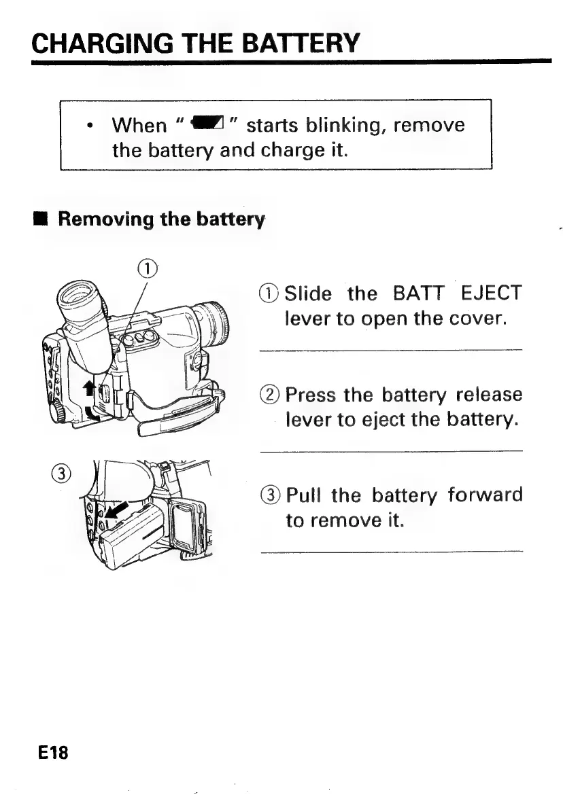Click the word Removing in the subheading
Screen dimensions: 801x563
coord(105,220)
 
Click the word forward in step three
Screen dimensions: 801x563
coord(485,495)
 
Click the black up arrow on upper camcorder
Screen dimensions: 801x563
coord(88,389)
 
